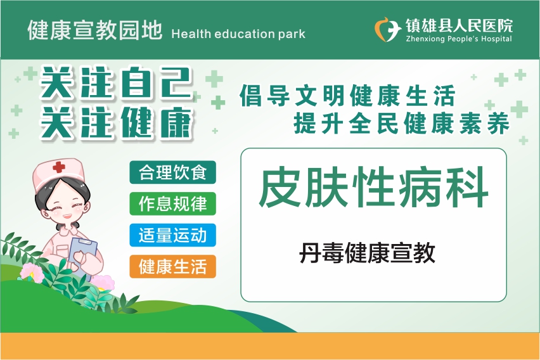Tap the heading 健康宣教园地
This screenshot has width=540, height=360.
coord(94,30)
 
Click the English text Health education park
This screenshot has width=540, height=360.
coord(238,34)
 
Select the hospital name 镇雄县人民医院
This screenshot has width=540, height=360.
coord(459,26)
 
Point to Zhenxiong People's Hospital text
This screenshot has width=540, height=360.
coord(459,39)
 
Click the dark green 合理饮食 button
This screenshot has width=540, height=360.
coord(172,172)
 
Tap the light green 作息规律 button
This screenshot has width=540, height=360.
coord(172,203)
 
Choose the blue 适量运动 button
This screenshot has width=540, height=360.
coord(172,235)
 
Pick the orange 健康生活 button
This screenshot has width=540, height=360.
coord(172,267)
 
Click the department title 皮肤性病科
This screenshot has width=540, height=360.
coord(374,187)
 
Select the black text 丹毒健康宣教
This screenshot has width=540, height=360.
coord(368,253)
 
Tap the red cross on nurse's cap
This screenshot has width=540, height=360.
coord(59,167)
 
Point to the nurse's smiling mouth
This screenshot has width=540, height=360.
coord(66,216)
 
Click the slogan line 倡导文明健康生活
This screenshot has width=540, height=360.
coord(348,96)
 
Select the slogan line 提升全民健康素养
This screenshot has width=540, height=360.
coord(402,123)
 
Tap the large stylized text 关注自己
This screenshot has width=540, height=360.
coord(116,82)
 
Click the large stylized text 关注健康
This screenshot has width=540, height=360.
coord(116,122)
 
